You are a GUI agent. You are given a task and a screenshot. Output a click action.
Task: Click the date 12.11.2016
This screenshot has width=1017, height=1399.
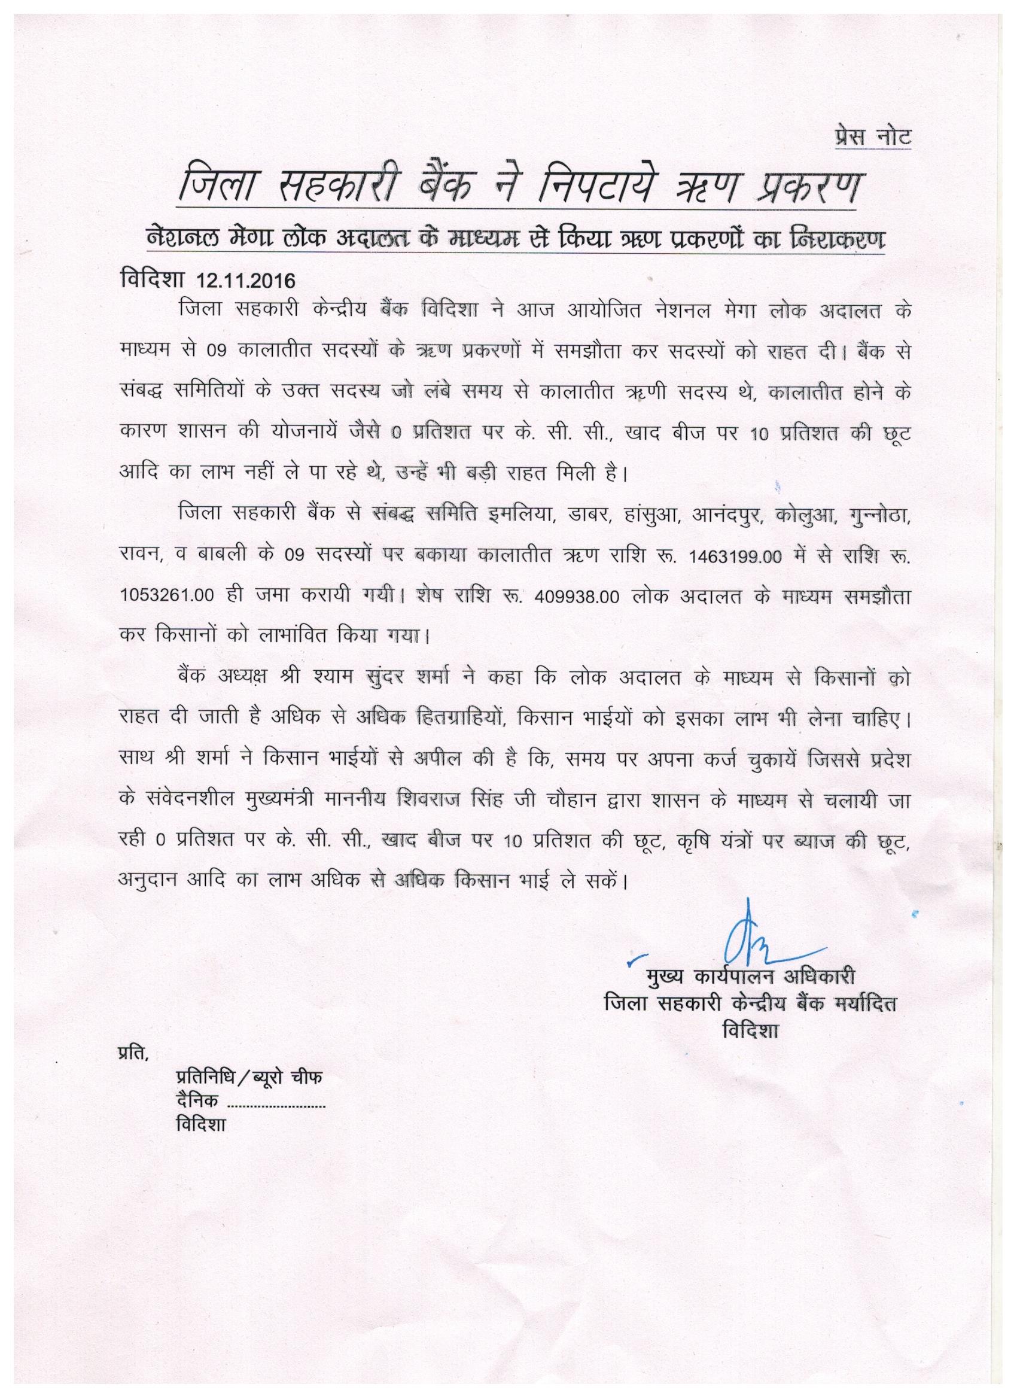point(245,281)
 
